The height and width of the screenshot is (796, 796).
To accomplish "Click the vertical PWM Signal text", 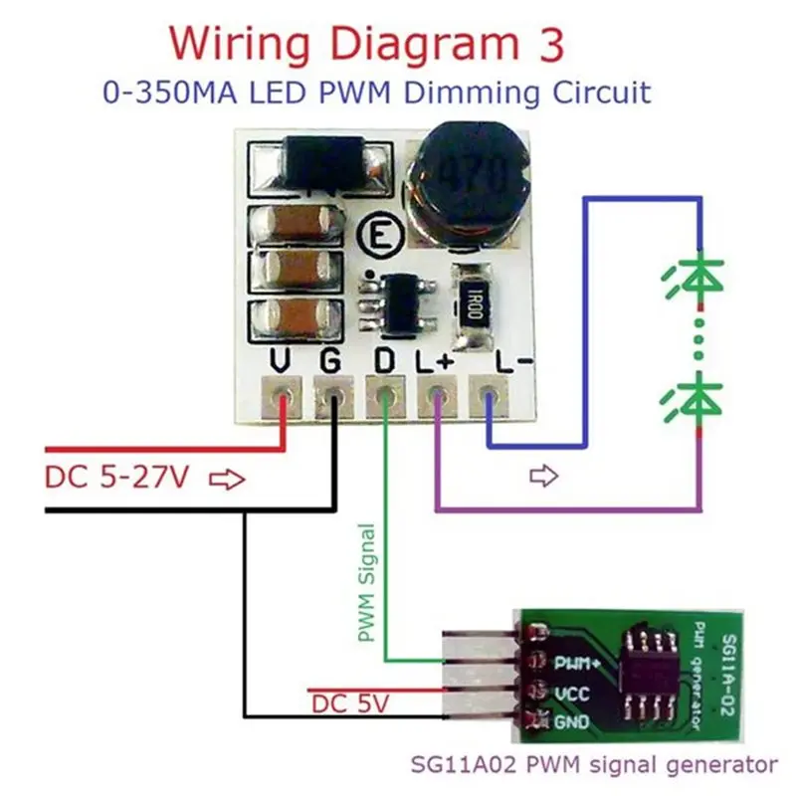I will (366, 582).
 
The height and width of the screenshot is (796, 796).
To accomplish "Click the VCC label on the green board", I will (573, 691).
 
